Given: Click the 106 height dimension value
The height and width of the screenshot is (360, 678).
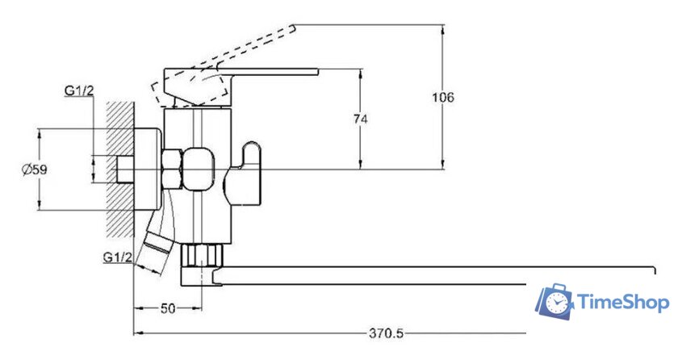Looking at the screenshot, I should (443, 98).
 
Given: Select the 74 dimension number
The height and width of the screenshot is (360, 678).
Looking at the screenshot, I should (361, 119).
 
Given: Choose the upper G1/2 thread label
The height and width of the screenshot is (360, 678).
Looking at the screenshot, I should (78, 90).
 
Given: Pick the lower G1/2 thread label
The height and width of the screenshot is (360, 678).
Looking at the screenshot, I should (117, 257).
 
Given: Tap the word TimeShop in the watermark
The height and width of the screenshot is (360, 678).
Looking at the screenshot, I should (622, 303).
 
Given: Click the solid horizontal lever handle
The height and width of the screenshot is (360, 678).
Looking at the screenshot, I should (242, 78).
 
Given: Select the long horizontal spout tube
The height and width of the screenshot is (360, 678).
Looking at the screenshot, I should (436, 274).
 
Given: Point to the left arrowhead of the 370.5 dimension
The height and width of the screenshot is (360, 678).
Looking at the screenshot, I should (136, 332).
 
